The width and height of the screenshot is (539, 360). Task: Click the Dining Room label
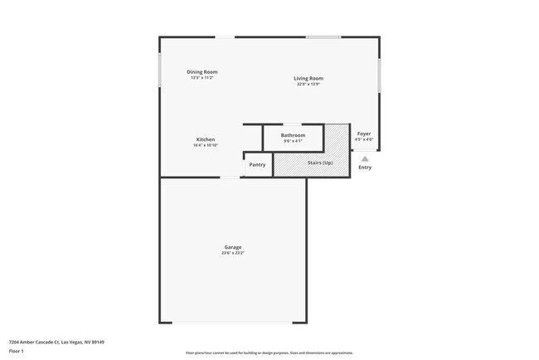coord(202,72)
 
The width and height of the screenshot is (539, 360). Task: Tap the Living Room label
coord(308,79)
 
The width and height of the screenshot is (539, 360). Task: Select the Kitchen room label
coord(206,139)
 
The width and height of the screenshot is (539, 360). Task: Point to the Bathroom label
coord(293,135)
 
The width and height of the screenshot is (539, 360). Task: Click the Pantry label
coord(257,164)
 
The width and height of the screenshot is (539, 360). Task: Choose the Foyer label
coord(364,134)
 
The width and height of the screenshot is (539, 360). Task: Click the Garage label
coord(232,247)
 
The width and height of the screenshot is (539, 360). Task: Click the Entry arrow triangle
coord(365,158)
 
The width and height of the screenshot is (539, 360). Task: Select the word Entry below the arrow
coord(365,168)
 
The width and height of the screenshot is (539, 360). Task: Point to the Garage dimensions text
coord(232,253)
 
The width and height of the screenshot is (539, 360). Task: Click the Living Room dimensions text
coord(308,85)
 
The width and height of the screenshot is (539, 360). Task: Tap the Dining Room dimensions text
coord(202,78)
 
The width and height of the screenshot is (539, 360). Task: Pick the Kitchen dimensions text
coord(206,145)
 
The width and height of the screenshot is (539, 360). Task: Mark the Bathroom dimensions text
coord(293,141)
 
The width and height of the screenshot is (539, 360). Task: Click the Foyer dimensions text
coord(364,139)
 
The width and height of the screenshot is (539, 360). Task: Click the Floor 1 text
coord(15,351)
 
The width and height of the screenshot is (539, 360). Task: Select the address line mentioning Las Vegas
coord(56,342)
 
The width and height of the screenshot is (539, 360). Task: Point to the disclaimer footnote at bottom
coord(269,353)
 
